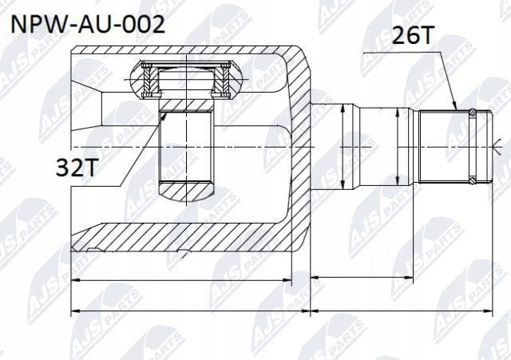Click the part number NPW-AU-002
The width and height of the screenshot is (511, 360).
point(88,24)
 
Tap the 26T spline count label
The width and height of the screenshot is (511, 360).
point(413,35)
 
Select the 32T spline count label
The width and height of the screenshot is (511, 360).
point(77,167)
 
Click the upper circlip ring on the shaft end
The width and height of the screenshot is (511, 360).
point(473,113)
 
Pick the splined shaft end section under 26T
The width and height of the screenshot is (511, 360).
point(455,146)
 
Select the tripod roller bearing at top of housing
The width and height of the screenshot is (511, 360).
point(186,79)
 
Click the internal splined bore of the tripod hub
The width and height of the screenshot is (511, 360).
point(186,146)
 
